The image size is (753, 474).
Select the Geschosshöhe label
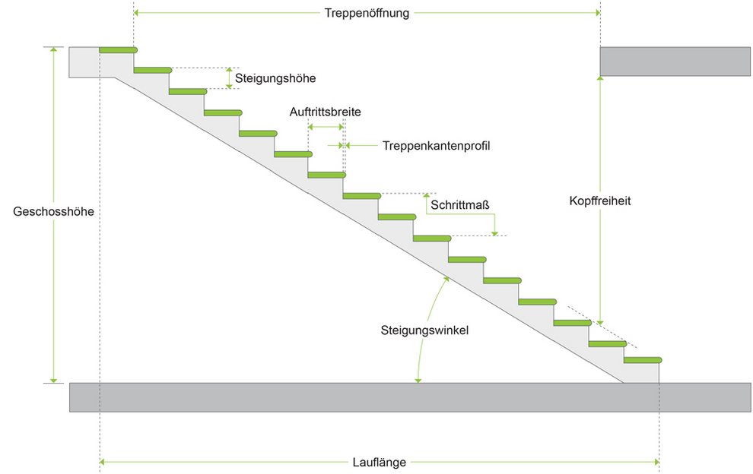[53, 212]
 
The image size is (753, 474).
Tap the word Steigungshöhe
[275, 77]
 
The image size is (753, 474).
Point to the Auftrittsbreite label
[325, 112]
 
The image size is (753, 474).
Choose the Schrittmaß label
[459, 204]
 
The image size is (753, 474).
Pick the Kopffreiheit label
[600, 201]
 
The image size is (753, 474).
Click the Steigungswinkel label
[424, 330]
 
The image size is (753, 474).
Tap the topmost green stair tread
[119, 50]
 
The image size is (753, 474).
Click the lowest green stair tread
[642, 359]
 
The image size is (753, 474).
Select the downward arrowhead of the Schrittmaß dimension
[495, 232]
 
